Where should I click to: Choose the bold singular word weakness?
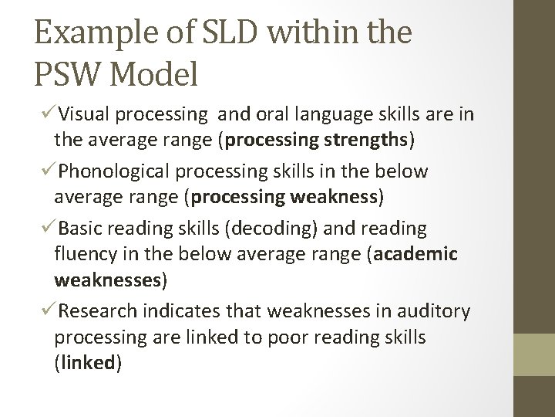coord(335,197)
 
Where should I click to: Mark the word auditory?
coord(436,310)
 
